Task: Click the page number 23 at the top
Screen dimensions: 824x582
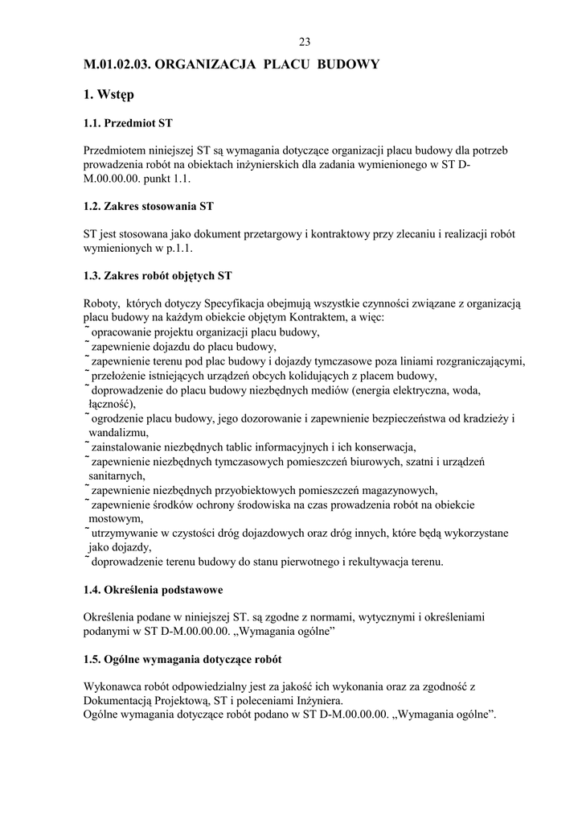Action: pos(304,43)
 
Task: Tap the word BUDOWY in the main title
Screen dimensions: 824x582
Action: pos(350,64)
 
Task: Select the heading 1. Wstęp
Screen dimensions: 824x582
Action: pos(109,95)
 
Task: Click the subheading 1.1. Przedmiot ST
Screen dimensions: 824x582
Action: pos(128,124)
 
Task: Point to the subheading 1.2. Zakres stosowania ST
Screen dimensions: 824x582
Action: pos(148,206)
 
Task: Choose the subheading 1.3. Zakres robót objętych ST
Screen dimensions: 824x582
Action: pos(158,275)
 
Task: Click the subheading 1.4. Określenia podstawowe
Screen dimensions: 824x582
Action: pos(153,590)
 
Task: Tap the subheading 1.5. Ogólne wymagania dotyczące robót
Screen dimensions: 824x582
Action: pos(182,659)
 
